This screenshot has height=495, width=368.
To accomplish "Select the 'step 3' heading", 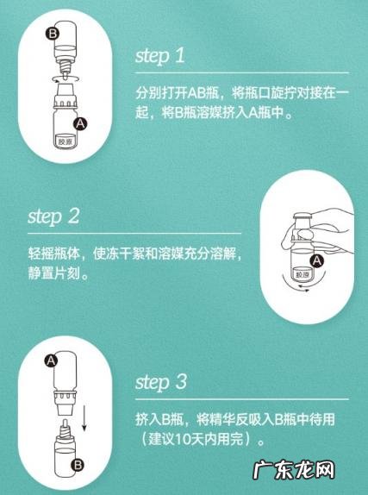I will pyautogui.click(x=162, y=381).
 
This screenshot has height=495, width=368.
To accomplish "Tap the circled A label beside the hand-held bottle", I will pyautogui.click(x=317, y=260).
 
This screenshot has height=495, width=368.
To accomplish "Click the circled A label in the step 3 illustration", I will pyautogui.click(x=51, y=357).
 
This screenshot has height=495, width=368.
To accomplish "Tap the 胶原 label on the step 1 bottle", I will pyautogui.click(x=65, y=138).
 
